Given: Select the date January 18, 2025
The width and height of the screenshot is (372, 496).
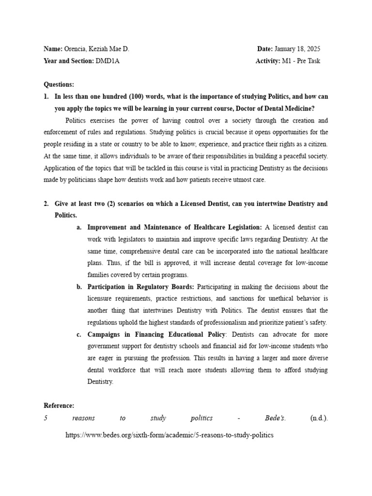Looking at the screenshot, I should [297, 49].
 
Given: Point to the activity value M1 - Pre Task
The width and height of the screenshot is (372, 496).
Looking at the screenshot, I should [301, 61].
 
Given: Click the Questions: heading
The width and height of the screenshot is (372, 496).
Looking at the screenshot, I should [59, 84].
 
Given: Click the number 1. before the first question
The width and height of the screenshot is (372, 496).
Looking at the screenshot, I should [46, 96].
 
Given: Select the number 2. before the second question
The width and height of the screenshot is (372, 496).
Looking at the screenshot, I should [46, 203].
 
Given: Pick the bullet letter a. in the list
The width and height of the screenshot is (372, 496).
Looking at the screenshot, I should [80, 227].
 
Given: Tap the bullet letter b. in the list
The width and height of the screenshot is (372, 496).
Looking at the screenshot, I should [80, 287].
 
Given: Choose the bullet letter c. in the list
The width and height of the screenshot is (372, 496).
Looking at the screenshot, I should [80, 334].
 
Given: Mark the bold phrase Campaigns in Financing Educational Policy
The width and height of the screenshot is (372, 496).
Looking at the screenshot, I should [156, 334].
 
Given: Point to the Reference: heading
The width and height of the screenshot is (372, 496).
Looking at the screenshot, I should [59, 405].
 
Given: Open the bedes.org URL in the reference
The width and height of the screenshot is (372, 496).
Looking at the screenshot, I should [169, 435].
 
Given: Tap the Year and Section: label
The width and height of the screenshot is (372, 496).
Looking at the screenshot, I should [68, 61].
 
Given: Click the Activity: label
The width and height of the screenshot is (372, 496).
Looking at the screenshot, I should [267, 61].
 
